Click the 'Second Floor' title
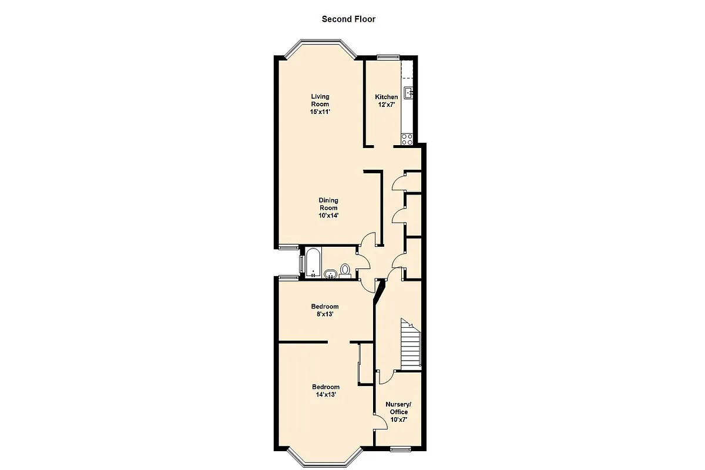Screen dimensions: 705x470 click(x=348, y=19)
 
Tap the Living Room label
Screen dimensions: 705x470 click(x=320, y=104)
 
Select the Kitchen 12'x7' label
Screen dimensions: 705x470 click(x=386, y=100)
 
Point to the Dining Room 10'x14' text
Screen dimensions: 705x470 click(x=328, y=208)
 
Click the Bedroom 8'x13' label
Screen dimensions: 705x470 click(x=325, y=310)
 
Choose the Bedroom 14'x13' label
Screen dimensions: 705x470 click(x=325, y=391)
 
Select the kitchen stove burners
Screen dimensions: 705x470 click(x=407, y=139)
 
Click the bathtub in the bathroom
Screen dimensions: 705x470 click(x=312, y=263)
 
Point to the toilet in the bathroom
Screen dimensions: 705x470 click(x=345, y=270)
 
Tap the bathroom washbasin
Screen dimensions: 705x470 click(x=330, y=274)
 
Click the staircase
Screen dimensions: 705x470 click(x=411, y=347)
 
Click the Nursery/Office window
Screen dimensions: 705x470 click(x=401, y=449)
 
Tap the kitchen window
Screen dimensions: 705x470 click(x=388, y=56)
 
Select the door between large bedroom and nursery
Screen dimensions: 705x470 click(x=378, y=421)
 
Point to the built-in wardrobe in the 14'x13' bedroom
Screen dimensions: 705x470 click(x=360, y=364)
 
